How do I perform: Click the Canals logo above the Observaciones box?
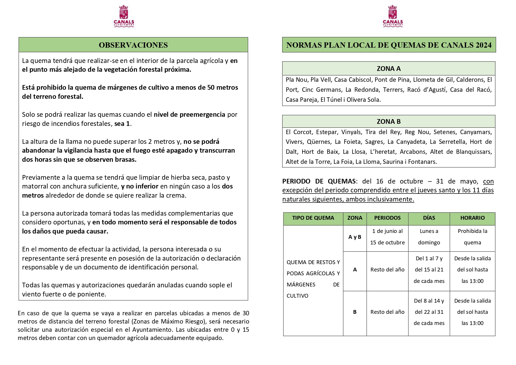124,16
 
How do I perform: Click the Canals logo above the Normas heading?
393,16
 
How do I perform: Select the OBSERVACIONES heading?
133,45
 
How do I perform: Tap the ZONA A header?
389,69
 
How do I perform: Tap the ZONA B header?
389,121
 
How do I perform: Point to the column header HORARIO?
472,218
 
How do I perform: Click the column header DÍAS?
429,218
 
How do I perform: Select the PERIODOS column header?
387,218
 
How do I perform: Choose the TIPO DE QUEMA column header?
313,218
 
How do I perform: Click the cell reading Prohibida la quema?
472,237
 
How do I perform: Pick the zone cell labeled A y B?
355,237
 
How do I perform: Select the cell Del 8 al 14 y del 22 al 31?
429,312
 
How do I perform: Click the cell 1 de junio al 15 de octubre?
387,237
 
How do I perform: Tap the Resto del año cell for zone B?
387,312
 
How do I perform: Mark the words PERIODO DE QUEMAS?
319,181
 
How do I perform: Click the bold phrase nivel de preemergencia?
189,114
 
